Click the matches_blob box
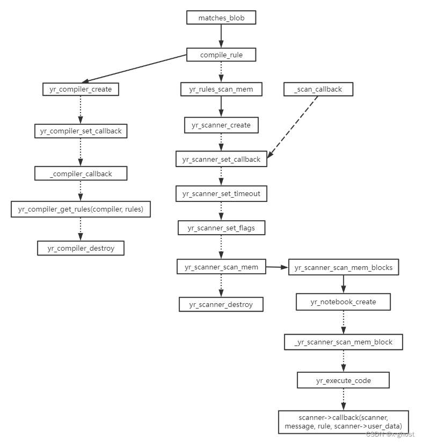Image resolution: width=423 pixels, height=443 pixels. pyautogui.click(x=221, y=18)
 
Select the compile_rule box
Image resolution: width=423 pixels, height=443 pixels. pyautogui.click(x=221, y=55)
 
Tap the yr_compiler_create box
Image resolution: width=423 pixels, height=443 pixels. pyautogui.click(x=81, y=89)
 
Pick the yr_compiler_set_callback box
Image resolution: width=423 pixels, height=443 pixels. pyautogui.click(x=81, y=131)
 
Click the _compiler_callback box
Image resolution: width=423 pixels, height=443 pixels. pyautogui.click(x=81, y=173)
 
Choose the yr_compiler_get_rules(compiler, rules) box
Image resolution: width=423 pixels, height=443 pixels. pyautogui.click(x=81, y=209)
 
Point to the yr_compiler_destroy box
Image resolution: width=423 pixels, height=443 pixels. pyautogui.click(x=81, y=248)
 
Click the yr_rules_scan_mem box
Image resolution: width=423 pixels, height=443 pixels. pyautogui.click(x=221, y=89)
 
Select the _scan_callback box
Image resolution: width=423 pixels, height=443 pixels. pyautogui.click(x=318, y=89)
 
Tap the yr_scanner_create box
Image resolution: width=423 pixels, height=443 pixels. pyautogui.click(x=221, y=125)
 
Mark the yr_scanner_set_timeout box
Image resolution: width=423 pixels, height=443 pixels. pyautogui.click(x=221, y=193)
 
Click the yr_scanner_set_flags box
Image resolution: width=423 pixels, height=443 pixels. pyautogui.click(x=221, y=228)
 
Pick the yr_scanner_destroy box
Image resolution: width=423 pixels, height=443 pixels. pyautogui.click(x=221, y=304)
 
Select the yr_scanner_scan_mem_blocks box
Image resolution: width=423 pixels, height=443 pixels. pyautogui.click(x=344, y=267)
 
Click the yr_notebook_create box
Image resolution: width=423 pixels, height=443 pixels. pyautogui.click(x=343, y=302)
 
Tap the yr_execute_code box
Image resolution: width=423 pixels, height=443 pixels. pyautogui.click(x=343, y=380)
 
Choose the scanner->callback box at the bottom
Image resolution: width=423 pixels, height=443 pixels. pyautogui.click(x=343, y=422)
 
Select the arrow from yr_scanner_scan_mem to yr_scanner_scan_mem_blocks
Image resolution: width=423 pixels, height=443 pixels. pyautogui.click(x=277, y=267)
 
